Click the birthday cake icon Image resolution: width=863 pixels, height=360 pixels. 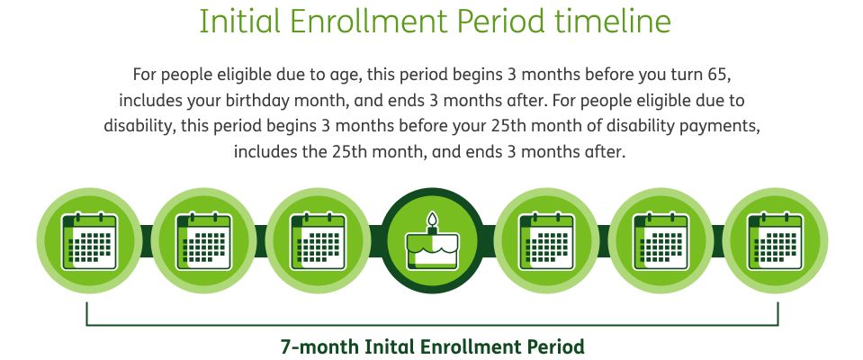click(432, 242)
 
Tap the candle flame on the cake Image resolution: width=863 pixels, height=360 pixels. click(432, 219)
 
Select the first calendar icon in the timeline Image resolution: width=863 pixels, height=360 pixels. click(89, 240)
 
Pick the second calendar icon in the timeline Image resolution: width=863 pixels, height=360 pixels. click(203, 240)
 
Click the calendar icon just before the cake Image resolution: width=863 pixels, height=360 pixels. click(318, 240)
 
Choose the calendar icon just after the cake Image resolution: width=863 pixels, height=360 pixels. click(546, 240)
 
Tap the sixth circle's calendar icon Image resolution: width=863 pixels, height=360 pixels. click(661, 240)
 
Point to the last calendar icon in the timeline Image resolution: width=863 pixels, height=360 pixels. click(776, 240)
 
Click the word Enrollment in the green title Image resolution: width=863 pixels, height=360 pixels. click(368, 22)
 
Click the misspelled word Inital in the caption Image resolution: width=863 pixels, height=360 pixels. click(390, 347)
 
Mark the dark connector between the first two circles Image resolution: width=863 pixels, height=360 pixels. click(147, 240)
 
